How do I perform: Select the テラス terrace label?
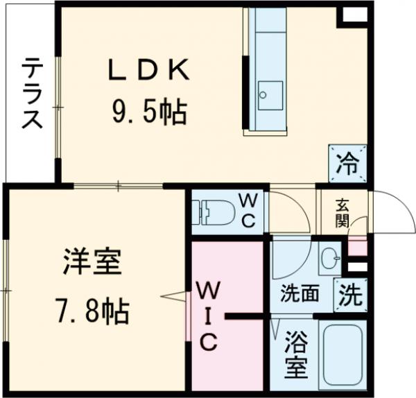pos(32,94)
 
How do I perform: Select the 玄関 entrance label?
pos(343,214)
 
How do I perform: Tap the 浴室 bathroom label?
pos(295,354)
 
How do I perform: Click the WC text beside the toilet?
pos(250,211)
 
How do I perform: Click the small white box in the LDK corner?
pos(354,15)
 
